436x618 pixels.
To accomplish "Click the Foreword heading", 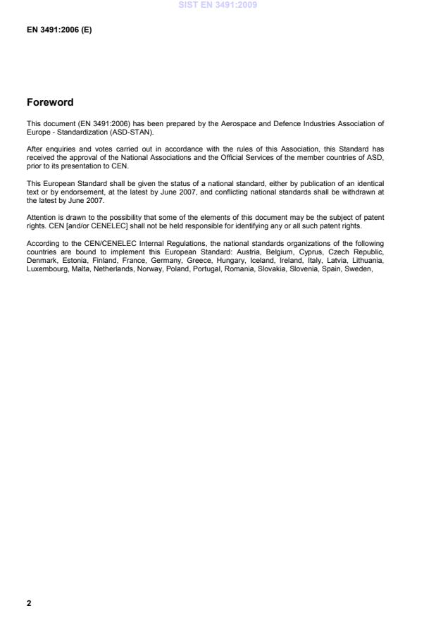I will click(50, 103).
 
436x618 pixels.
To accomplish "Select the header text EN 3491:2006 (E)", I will click(59, 30).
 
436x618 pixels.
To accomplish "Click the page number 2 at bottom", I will click(29, 603).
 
